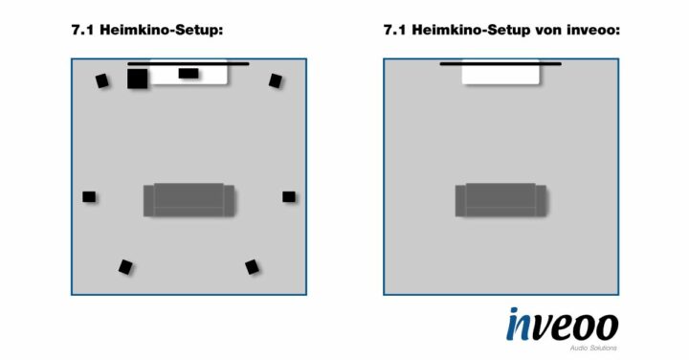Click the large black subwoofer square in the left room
click(x=137, y=79)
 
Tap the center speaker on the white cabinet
click(x=189, y=73)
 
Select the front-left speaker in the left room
click(x=101, y=80)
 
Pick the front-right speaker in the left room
click(x=276, y=80)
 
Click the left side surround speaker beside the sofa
click(x=89, y=196)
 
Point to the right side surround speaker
click(x=288, y=196)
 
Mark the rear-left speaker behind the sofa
click(x=125, y=266)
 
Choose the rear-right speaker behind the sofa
click(x=252, y=266)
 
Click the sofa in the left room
click(x=189, y=200)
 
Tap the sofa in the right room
click(x=500, y=200)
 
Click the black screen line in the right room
click(x=500, y=64)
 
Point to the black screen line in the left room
click(x=189, y=64)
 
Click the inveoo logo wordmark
click(x=562, y=324)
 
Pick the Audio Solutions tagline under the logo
click(x=592, y=347)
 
